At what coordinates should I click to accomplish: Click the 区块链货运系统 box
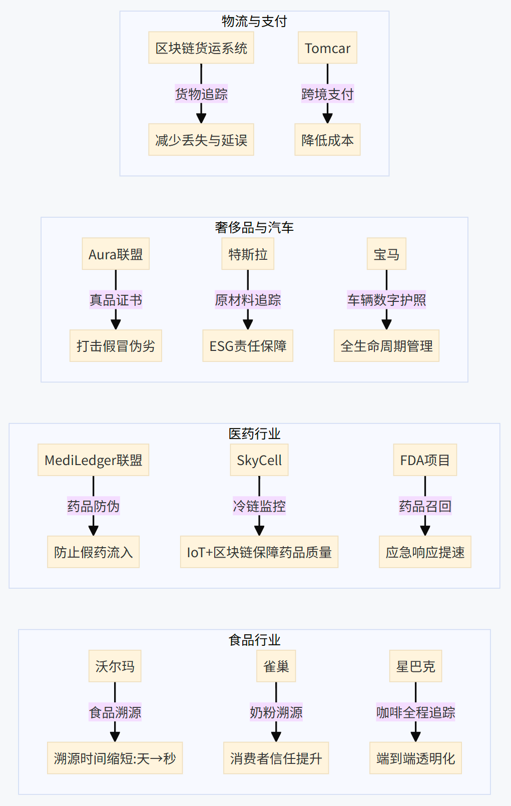point(201,48)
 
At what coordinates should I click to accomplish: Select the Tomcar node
point(327,48)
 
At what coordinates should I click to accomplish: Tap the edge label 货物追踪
point(201,94)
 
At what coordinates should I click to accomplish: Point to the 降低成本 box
point(327,140)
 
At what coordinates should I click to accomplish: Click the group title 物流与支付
point(254,21)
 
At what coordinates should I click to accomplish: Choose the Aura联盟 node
point(116,254)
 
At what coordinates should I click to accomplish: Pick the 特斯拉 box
point(248,254)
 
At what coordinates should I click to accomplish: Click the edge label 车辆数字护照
point(386,300)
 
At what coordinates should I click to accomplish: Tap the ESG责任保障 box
point(248,346)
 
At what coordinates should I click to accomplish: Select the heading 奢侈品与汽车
point(254,227)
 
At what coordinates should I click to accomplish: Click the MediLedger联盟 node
point(94,461)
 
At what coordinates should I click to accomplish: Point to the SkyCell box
point(259,461)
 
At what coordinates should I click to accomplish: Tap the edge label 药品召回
point(425,507)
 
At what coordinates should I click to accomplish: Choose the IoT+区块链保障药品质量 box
point(259,552)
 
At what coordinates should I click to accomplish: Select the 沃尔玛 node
point(115,666)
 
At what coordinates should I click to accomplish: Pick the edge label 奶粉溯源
point(276,712)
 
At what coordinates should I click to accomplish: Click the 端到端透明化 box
point(415,758)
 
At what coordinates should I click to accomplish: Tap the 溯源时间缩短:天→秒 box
point(115,758)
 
